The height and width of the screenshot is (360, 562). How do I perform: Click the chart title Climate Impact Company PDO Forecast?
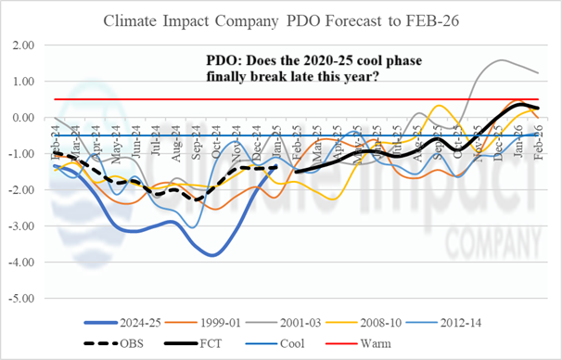[282, 19]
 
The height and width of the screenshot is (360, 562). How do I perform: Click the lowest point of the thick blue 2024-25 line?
[214, 254]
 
